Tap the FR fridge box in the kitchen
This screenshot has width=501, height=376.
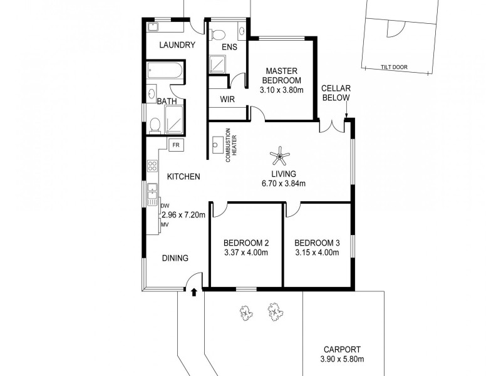176,145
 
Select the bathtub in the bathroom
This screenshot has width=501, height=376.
165,71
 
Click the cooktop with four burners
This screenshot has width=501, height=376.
151,166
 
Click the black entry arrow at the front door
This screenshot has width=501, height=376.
194,291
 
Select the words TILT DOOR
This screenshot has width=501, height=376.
393,69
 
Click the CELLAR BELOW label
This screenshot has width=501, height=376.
335,93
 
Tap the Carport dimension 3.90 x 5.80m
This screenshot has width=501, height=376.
342,359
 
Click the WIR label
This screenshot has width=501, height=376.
227,99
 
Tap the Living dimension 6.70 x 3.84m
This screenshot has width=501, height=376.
283,184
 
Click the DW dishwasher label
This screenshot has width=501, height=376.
165,206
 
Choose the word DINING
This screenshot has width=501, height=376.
175,258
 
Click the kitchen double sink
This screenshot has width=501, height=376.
152,195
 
